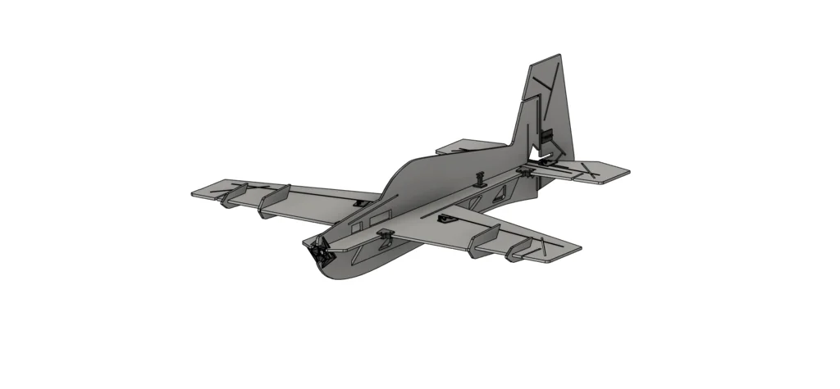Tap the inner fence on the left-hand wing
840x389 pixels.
[x=275, y=201]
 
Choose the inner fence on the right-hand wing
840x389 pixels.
[x=485, y=239]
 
